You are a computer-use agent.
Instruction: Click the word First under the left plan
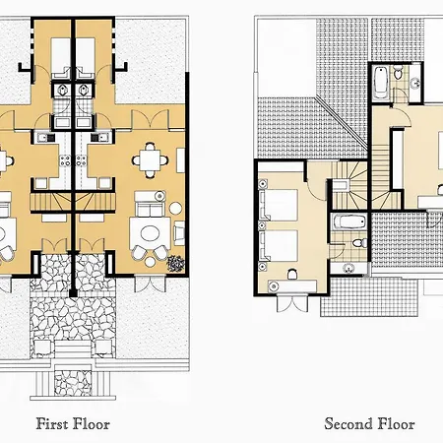[50, 423]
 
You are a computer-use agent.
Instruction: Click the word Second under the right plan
[348, 423]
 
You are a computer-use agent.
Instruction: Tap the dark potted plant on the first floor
[175, 264]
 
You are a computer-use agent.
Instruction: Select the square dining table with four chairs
[151, 160]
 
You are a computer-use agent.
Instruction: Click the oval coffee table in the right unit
[150, 233]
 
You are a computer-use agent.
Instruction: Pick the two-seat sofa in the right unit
[150, 206]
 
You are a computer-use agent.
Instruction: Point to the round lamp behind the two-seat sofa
[159, 196]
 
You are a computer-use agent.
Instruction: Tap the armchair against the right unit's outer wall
[179, 233]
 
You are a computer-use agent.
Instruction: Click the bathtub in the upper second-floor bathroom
[381, 82]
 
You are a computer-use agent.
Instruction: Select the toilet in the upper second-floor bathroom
[398, 73]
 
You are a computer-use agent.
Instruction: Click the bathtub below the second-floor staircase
[349, 222]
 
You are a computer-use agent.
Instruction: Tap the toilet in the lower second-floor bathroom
[360, 243]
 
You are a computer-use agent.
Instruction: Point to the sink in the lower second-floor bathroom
[348, 269]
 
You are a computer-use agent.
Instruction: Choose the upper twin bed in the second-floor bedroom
[279, 205]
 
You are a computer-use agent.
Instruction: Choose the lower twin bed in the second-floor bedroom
[279, 245]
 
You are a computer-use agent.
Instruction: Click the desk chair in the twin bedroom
[292, 274]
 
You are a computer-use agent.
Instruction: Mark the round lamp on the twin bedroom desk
[273, 286]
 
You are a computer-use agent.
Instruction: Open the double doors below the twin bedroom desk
[292, 304]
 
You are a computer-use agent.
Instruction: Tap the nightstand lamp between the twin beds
[262, 225]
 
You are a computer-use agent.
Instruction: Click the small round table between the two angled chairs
[150, 262]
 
